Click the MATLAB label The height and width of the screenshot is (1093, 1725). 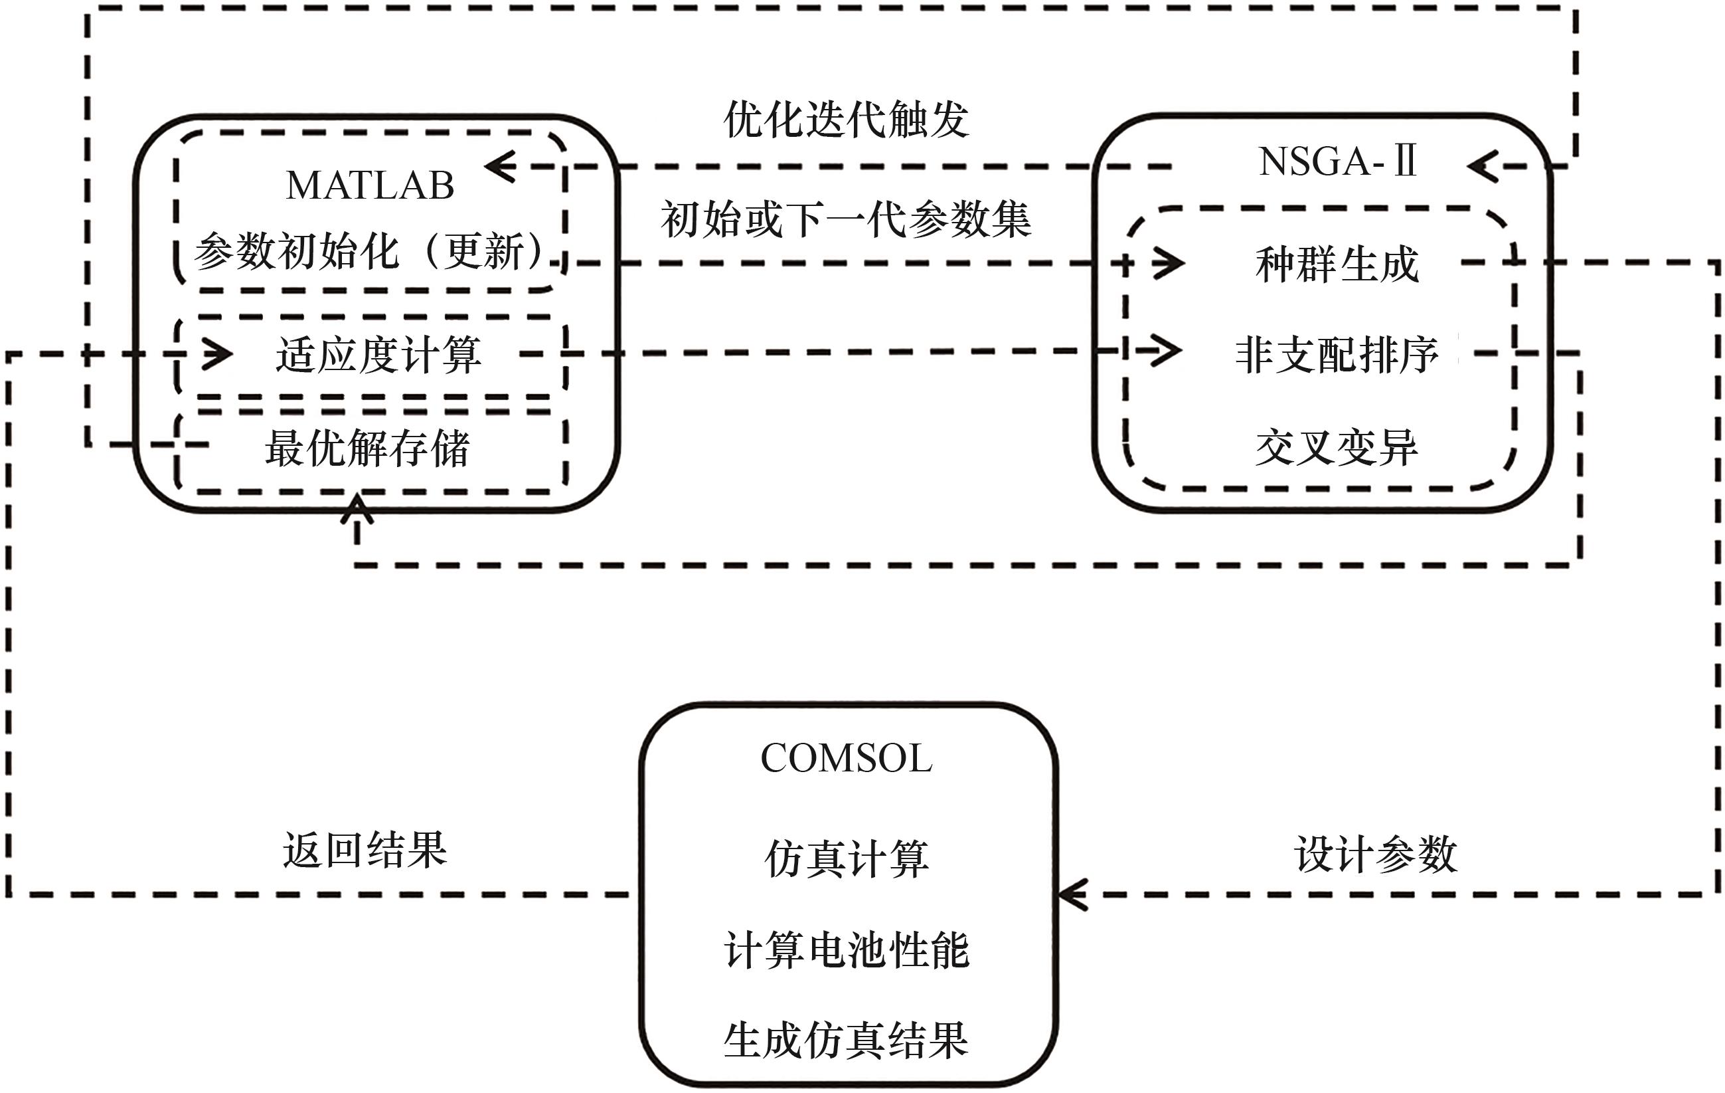[370, 185]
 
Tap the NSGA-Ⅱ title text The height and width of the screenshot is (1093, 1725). [1337, 161]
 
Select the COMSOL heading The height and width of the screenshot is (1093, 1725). [846, 758]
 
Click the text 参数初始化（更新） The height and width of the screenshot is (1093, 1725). [370, 252]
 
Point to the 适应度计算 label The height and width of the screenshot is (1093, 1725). [378, 355]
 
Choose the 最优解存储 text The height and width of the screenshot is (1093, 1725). [367, 448]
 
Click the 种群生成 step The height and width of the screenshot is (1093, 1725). [1337, 264]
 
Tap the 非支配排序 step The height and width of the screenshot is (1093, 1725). [1337, 355]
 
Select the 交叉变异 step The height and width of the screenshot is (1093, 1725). [1337, 447]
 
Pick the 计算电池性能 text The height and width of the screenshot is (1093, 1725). [846, 950]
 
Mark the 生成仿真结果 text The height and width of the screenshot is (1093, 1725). [846, 1041]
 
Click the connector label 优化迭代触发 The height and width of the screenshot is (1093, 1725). [846, 119]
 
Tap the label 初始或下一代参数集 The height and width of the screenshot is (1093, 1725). [846, 219]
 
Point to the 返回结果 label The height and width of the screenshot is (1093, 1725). [365, 850]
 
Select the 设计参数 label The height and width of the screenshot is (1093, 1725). [1375, 854]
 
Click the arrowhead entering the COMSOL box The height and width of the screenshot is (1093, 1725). [1072, 894]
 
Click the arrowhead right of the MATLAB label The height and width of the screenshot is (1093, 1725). [501, 166]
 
